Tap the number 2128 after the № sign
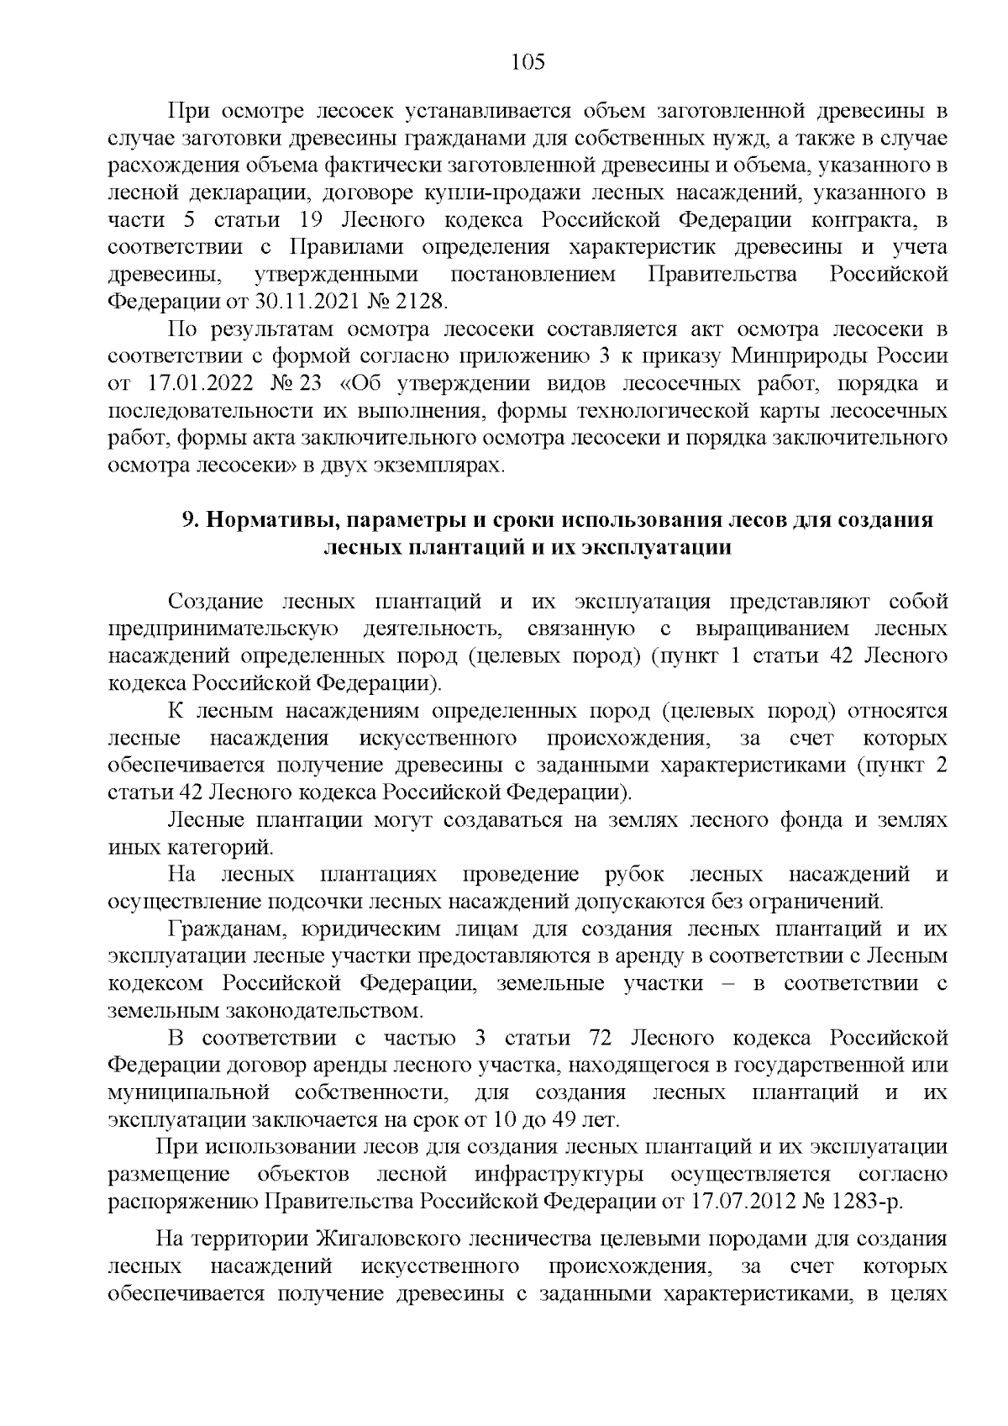click(x=418, y=302)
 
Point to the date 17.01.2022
click(x=197, y=384)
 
